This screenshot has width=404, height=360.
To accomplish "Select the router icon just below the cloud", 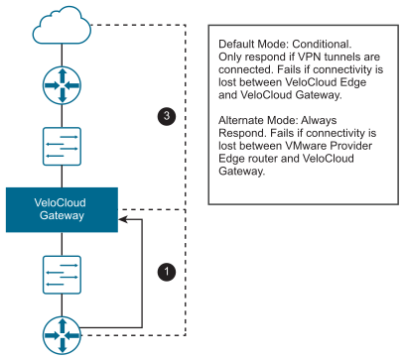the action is [62, 85].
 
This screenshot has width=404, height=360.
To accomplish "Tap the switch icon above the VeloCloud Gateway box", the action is [62, 146].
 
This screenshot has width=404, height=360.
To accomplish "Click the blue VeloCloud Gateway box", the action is [62, 209].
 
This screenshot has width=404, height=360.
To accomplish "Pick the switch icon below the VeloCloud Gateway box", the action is [62, 275].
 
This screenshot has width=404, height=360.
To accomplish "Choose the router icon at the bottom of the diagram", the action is [62, 335].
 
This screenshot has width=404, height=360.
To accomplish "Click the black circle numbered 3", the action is [167, 116].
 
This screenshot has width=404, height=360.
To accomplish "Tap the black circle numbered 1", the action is [167, 272].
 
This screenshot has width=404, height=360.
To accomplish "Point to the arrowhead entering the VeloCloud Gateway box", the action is [123, 219].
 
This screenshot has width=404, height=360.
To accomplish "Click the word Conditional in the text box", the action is [322, 44].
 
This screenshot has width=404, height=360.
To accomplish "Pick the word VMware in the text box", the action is [306, 146].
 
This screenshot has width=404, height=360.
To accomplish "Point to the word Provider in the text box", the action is [351, 146].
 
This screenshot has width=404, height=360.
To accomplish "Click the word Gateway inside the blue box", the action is [62, 216].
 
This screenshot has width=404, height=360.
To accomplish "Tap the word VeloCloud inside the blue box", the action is [61, 202].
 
